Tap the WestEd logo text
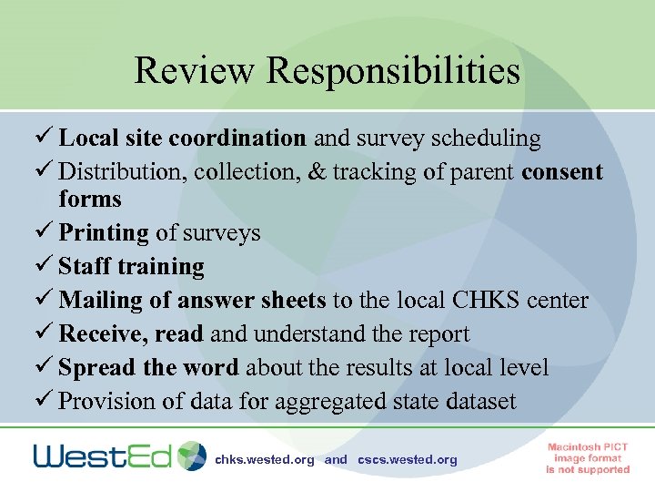(102, 456)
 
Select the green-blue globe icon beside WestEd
(192, 456)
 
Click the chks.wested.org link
(264, 460)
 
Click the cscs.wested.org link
(408, 460)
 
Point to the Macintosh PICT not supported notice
(588, 457)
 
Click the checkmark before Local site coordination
(45, 138)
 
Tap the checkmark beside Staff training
(45, 267)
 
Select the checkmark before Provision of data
(45, 401)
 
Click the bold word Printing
(103, 233)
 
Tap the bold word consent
(562, 172)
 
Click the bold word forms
(90, 199)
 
